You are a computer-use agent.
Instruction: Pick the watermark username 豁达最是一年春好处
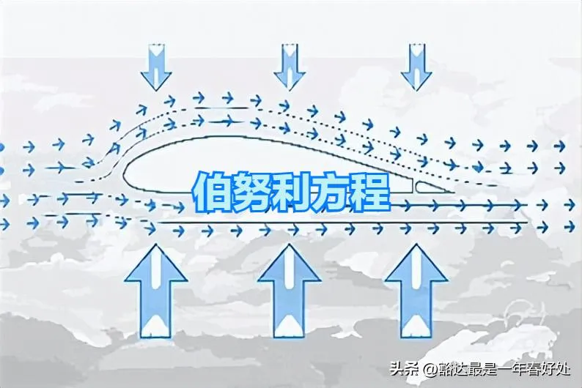coord(505,368)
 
